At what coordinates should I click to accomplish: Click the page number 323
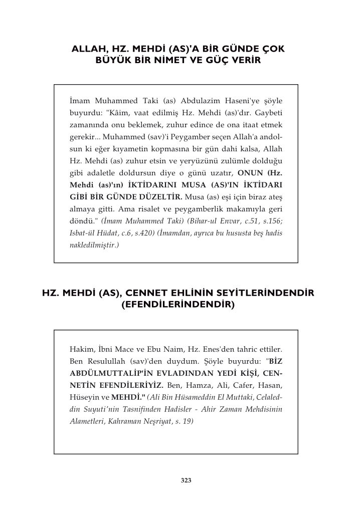tap(186, 480)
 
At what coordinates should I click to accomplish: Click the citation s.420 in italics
tap(146, 234)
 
